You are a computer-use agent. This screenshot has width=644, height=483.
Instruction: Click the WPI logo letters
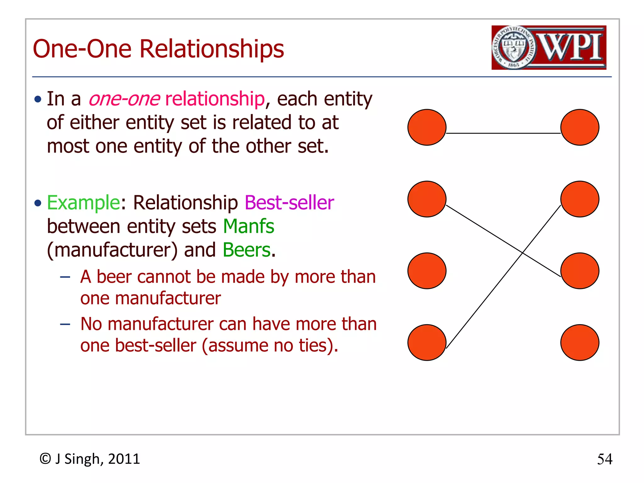(571, 47)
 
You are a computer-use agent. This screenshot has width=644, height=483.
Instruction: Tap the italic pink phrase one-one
(124, 99)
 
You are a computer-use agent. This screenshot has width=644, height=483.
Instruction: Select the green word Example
(83, 203)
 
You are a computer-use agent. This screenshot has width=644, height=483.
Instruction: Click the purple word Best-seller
(289, 203)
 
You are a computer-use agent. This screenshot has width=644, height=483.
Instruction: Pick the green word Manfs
(248, 226)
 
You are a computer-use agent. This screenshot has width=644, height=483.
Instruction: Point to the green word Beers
(247, 250)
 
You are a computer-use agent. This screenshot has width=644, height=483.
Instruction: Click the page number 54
(604, 459)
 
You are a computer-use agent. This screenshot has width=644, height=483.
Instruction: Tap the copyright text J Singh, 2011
(97, 459)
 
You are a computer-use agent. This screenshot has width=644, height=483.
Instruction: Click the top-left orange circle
(427, 127)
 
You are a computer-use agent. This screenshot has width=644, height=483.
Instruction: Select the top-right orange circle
(580, 127)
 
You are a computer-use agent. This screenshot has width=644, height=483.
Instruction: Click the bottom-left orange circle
(427, 342)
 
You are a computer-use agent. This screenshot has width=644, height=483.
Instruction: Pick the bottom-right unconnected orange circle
(580, 342)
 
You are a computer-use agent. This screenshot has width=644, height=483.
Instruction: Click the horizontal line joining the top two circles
(503, 133)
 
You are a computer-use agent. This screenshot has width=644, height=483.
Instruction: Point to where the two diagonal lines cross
(522, 253)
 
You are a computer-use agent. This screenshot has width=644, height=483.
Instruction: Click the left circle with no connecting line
(427, 271)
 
